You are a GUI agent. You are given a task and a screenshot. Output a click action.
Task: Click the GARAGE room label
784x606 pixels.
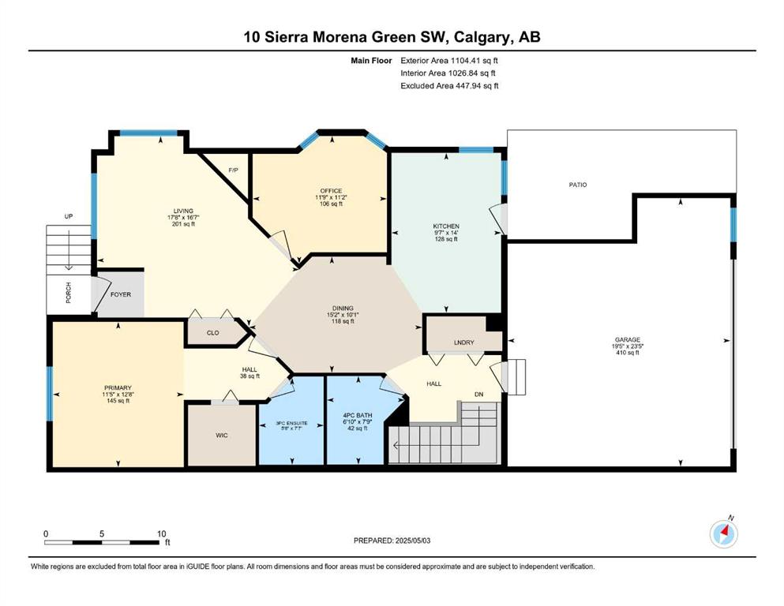tap(627, 340)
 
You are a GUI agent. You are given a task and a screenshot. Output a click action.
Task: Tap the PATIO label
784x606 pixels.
tap(577, 185)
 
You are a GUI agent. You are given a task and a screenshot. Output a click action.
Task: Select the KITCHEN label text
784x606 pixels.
tap(446, 226)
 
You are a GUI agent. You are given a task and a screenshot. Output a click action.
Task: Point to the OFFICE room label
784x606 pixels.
tap(331, 191)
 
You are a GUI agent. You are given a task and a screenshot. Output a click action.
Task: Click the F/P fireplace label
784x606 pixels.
tap(233, 170)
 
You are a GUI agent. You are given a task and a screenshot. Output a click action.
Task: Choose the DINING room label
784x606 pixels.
tap(343, 309)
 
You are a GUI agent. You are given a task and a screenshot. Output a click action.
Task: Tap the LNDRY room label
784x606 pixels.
tap(464, 342)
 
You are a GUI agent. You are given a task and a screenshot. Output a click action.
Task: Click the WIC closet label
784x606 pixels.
tap(222, 436)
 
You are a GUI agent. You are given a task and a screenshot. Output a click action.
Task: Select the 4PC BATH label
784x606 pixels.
tap(358, 416)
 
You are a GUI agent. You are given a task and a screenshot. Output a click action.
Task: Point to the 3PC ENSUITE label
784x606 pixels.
tap(292, 424)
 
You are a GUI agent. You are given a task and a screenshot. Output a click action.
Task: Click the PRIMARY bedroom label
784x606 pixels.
tap(118, 388)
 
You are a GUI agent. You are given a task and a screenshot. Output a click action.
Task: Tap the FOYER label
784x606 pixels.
tap(121, 295)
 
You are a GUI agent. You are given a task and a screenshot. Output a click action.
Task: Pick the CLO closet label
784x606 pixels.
tap(213, 333)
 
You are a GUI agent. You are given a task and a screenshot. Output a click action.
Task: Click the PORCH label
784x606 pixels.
tap(69, 293)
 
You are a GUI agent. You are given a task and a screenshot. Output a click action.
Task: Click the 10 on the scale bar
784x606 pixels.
tap(161, 534)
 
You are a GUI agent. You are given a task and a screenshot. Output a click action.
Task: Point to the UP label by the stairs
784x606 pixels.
tap(69, 216)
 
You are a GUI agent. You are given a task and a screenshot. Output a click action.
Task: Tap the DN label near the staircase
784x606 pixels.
tap(479, 395)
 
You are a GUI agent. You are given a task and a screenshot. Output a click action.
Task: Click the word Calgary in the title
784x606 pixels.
tap(482, 37)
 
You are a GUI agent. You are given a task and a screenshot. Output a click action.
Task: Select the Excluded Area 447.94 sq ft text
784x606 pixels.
tap(449, 86)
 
